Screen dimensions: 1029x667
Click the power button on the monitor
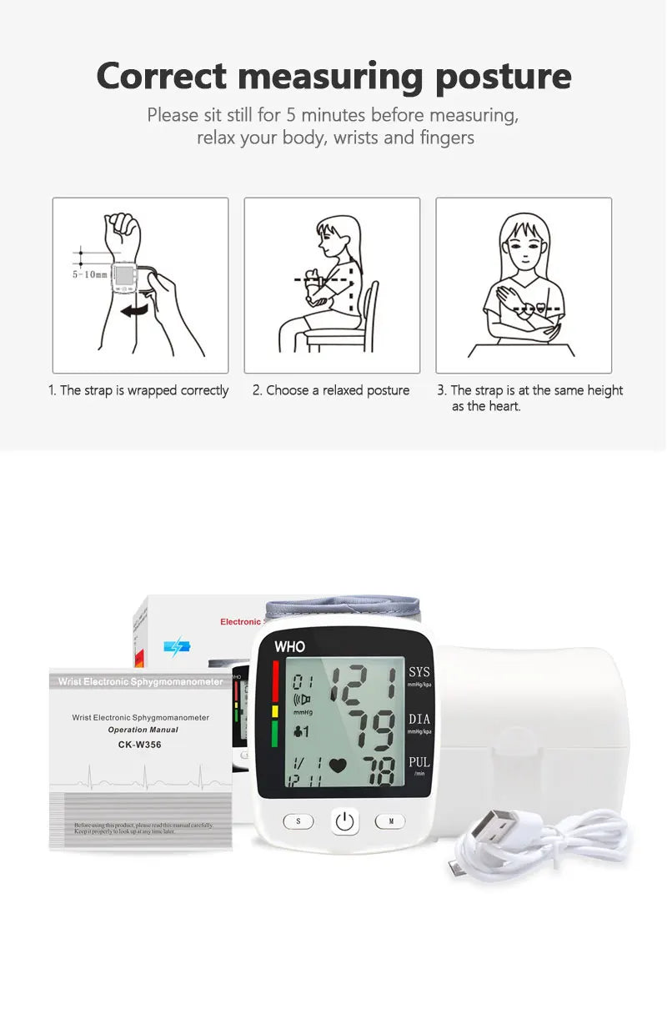(345, 822)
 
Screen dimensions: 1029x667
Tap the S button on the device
(298, 821)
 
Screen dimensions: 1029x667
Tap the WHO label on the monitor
(289, 646)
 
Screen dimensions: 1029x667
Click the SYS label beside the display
(419, 672)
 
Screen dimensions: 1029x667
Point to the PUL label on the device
(419, 762)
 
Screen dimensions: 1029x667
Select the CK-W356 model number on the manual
(140, 745)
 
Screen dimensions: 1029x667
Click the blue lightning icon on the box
(177, 646)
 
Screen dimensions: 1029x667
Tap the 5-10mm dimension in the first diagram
(89, 274)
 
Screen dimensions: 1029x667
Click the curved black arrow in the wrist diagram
(137, 310)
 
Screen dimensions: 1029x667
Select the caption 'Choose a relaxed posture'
(331, 390)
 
